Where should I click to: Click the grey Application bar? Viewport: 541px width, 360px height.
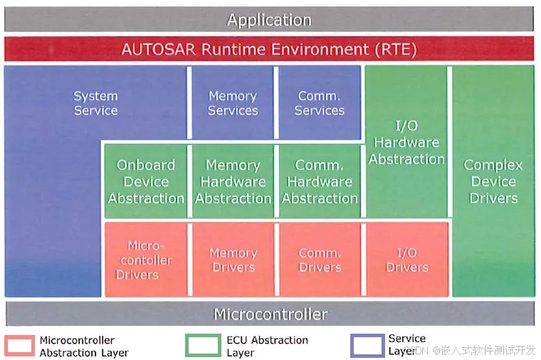pyautogui.click(x=269, y=20)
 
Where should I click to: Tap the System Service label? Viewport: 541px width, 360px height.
pyautogui.click(x=95, y=103)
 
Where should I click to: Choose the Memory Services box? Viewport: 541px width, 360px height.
pyautogui.click(x=232, y=103)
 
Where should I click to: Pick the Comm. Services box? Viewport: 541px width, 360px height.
pyautogui.click(x=319, y=103)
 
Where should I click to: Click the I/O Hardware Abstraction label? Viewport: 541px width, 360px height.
pyautogui.click(x=406, y=142)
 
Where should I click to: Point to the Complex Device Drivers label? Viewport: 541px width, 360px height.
pyautogui.click(x=493, y=181)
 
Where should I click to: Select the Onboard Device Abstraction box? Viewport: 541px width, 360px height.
pyautogui.click(x=146, y=181)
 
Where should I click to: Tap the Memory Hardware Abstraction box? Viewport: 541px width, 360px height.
pyautogui.click(x=233, y=181)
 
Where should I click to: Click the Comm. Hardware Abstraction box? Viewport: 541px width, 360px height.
pyautogui.click(x=320, y=181)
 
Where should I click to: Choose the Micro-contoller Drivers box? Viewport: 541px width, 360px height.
pyautogui.click(x=146, y=260)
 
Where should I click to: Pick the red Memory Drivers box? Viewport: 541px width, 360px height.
pyautogui.click(x=233, y=260)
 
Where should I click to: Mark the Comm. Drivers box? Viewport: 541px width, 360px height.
pyautogui.click(x=320, y=260)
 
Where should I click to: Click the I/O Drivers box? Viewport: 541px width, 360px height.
pyautogui.click(x=406, y=260)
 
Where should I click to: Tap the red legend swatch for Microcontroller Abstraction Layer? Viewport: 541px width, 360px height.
pyautogui.click(x=20, y=346)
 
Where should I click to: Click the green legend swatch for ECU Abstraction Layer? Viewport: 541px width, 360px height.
pyautogui.click(x=203, y=346)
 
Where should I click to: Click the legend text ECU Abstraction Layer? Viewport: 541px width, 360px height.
pyautogui.click(x=267, y=346)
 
